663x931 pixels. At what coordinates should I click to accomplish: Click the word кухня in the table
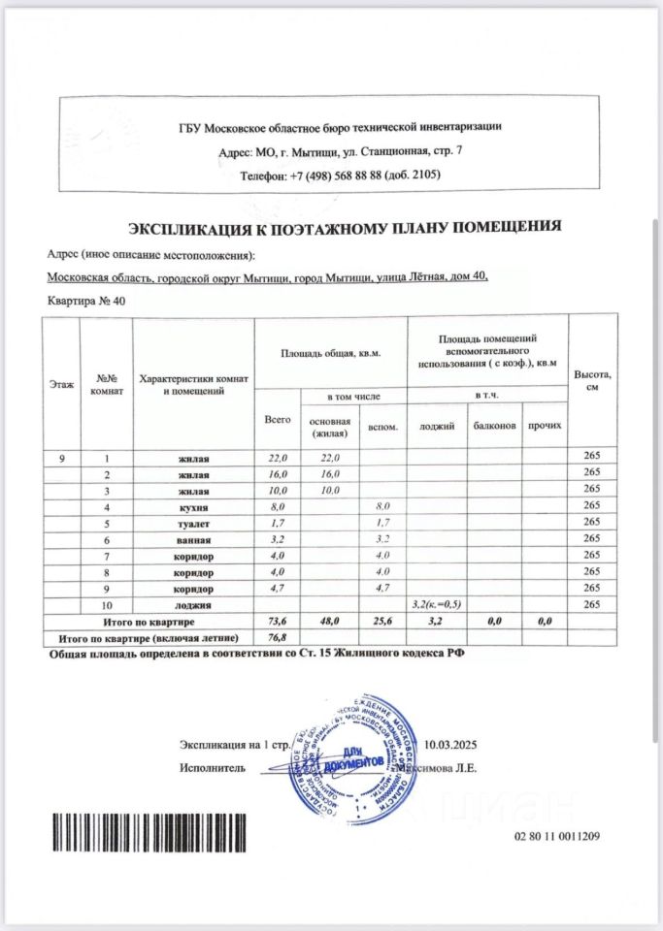pos(193,507)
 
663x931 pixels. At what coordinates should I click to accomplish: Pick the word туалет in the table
pos(193,524)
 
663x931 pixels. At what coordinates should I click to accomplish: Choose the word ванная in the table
pos(193,540)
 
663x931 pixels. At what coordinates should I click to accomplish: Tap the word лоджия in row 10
pos(193,604)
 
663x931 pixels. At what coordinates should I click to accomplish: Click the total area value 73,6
pos(278,621)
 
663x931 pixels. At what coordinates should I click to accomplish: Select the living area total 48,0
pos(330,621)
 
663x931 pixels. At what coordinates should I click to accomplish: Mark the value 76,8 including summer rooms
pos(278,637)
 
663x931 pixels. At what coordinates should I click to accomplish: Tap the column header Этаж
pos(60,384)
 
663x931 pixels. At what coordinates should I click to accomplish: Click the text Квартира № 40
pos(86,302)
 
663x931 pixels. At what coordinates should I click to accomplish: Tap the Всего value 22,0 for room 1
pos(278,458)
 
